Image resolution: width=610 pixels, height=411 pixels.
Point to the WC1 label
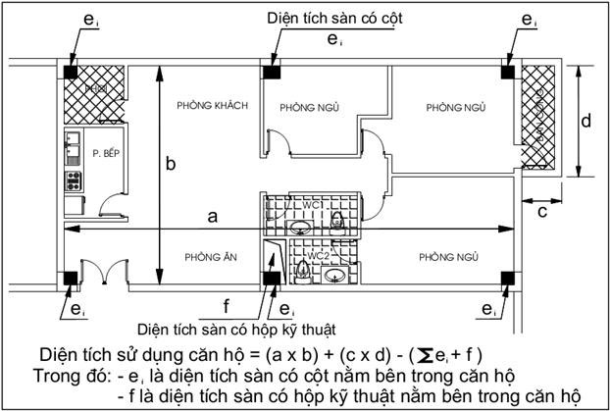tap(312, 204)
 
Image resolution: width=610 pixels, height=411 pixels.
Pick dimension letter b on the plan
tap(170, 165)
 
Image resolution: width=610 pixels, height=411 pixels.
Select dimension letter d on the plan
tap(585, 122)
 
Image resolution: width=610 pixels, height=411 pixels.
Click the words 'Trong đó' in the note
tap(70, 374)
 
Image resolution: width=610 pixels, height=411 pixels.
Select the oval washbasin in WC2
tap(333, 275)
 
